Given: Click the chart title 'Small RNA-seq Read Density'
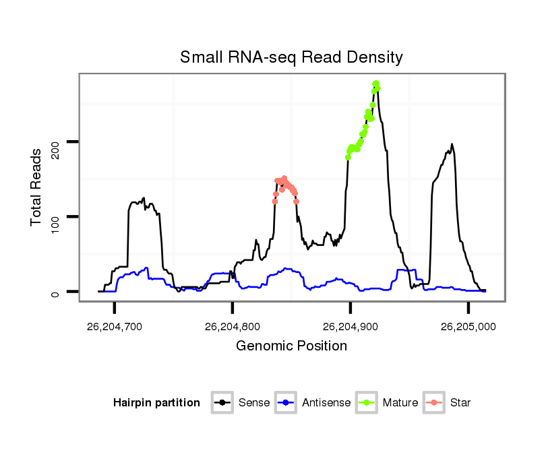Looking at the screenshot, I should (x=291, y=57).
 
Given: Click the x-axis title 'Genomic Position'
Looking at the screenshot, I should (x=291, y=346).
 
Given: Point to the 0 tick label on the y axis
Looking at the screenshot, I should (x=55, y=292).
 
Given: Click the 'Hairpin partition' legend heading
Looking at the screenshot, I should (x=156, y=403).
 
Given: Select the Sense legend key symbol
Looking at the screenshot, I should (x=222, y=403).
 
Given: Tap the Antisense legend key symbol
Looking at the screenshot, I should (x=287, y=403).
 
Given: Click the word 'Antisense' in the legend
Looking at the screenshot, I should (x=326, y=403).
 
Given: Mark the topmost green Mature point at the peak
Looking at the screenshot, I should (x=376, y=84).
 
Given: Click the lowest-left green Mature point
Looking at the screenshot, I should (x=348, y=157).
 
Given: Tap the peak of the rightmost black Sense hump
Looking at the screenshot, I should (x=452, y=144).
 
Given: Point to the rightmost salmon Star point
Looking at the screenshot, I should (x=296, y=201).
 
